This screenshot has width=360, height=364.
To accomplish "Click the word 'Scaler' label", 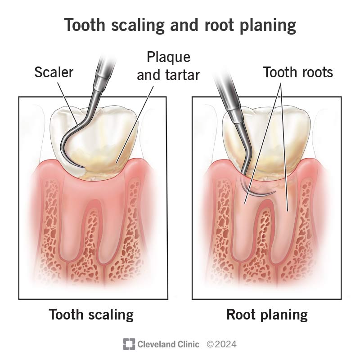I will pos(54,72).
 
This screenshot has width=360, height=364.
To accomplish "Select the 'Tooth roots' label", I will pos(298,72).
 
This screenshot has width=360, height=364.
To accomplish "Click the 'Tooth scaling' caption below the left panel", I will pos(91,314).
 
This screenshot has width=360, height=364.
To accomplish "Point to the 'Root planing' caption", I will pos(266,314).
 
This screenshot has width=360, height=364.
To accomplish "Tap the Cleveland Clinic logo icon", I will pos(129,344).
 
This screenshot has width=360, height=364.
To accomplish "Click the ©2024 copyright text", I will pos(221,344).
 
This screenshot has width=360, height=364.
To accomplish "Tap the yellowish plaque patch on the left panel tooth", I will pos(112,162).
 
